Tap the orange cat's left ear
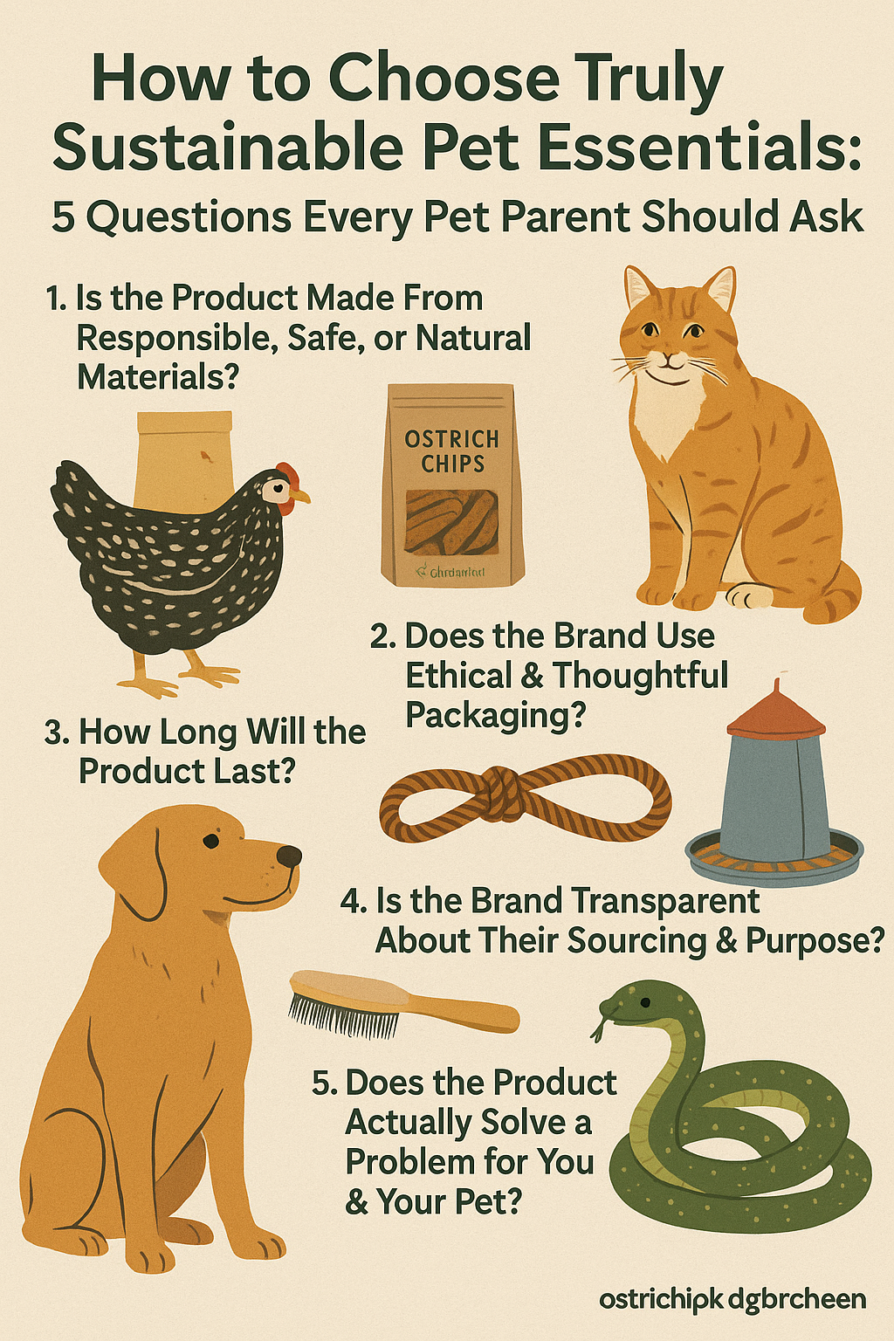coord(639,288)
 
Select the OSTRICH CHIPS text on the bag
coord(451,451)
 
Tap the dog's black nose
coord(289,856)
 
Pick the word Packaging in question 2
coord(495,716)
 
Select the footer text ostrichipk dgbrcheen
coord(732,1299)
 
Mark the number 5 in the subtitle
coord(63,217)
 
